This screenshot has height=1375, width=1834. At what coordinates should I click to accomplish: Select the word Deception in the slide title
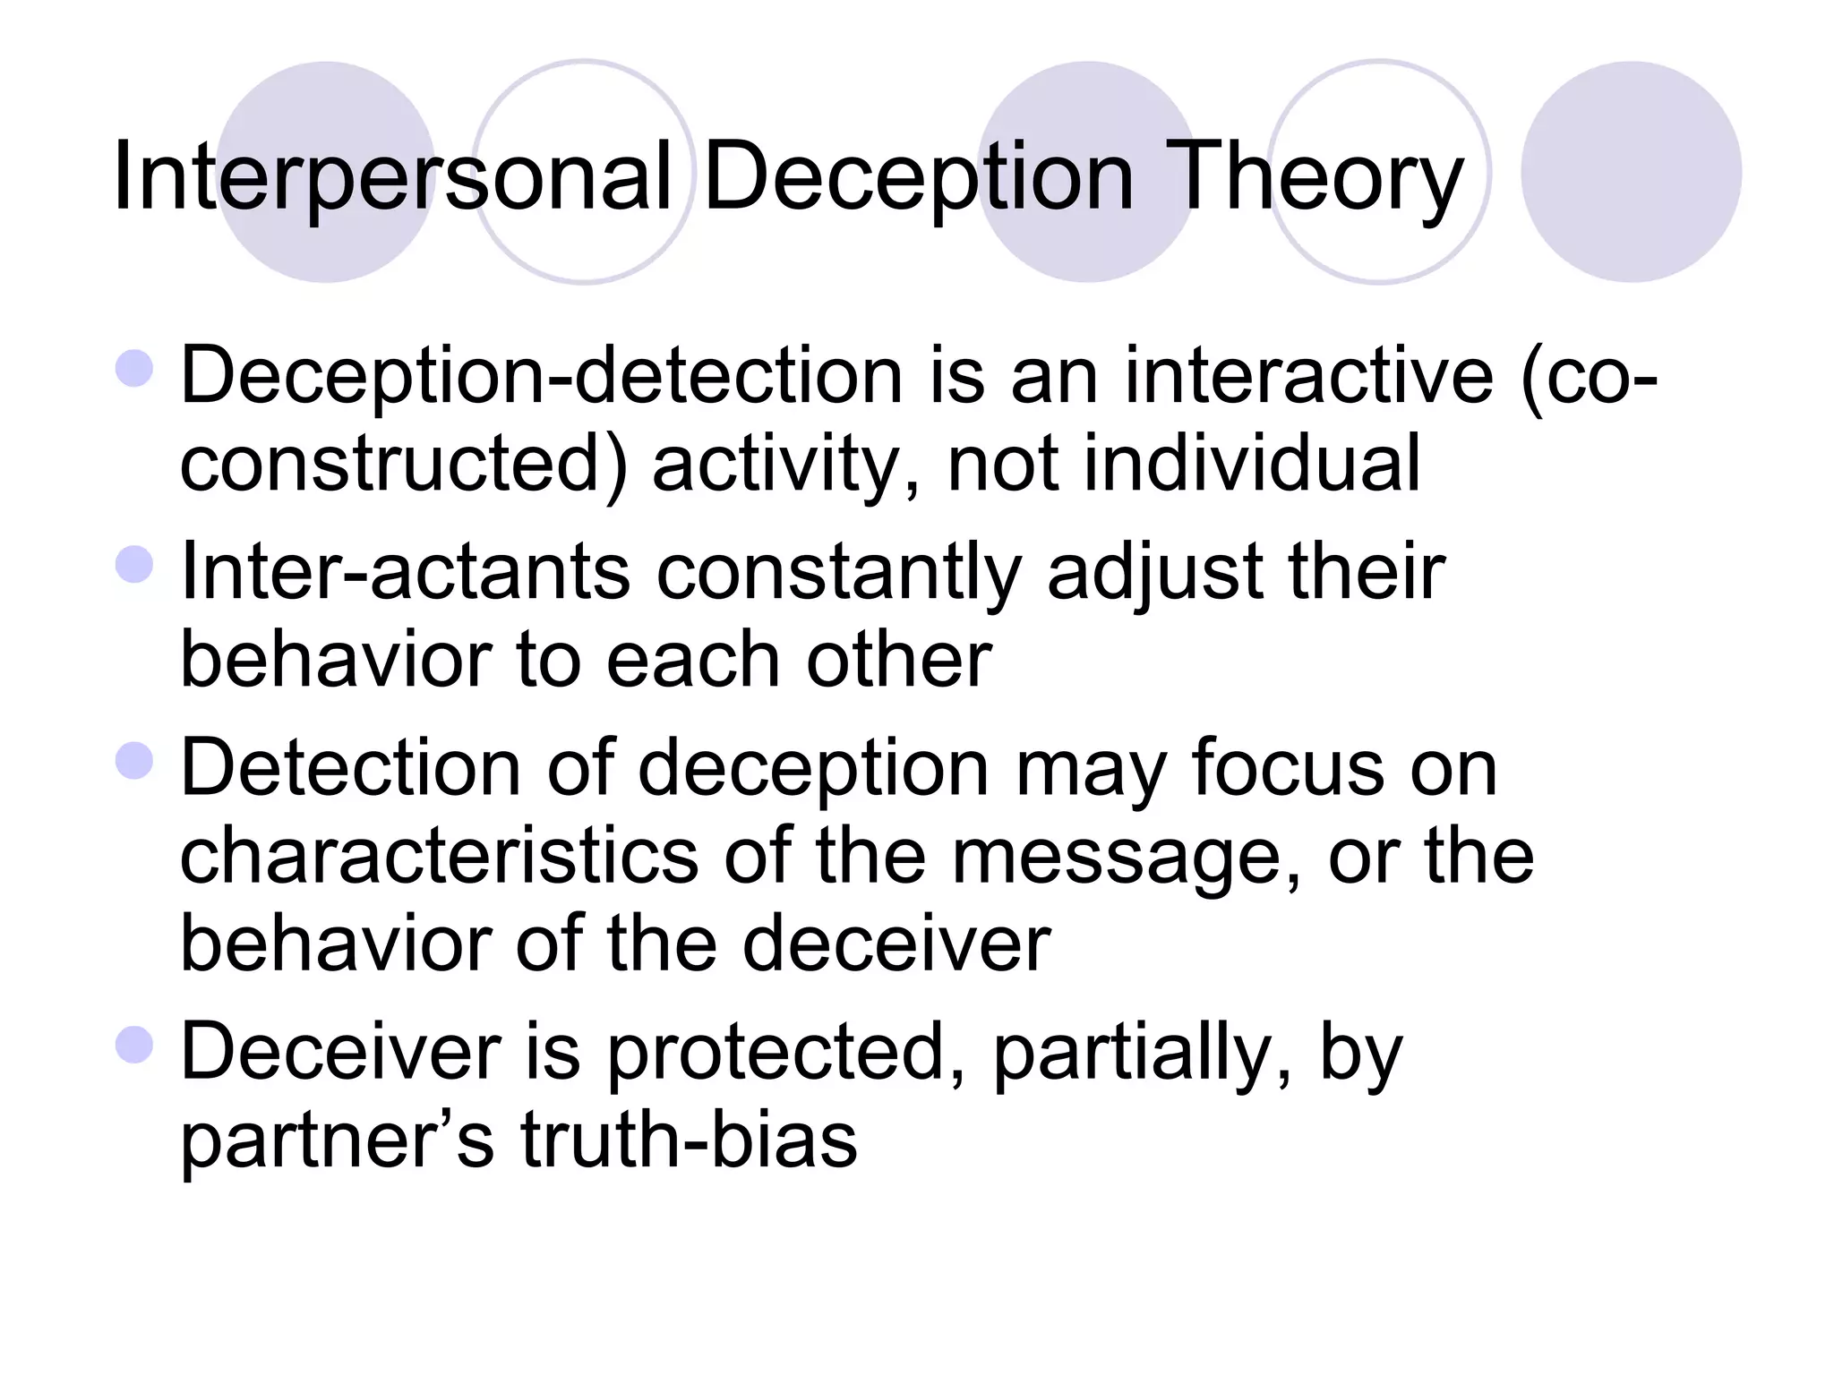point(919,177)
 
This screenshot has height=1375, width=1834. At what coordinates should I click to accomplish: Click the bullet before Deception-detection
point(135,368)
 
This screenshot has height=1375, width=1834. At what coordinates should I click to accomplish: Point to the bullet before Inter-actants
point(135,565)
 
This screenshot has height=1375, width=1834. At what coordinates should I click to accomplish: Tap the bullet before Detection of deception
point(135,761)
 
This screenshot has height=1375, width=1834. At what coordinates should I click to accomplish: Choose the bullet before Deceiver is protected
point(135,1044)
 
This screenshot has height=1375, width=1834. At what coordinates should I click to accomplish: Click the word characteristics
point(439,856)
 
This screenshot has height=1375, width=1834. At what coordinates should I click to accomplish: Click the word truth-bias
point(689,1140)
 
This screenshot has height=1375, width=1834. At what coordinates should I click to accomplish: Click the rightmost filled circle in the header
point(1631,172)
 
